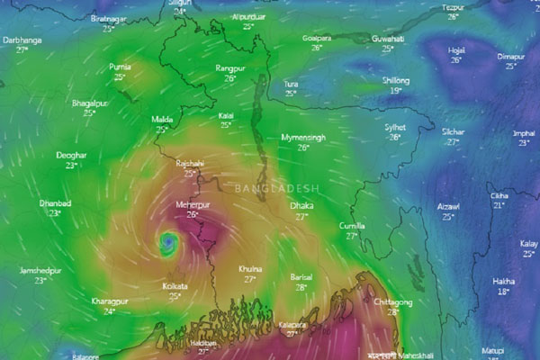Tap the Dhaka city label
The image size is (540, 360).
pos(301,206)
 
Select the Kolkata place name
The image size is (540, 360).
pos(175,285)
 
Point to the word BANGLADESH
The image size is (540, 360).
pos(276,188)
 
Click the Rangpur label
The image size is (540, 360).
pos(230,68)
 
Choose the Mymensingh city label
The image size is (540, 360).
pos(301,137)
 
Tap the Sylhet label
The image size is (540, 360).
pos(394,127)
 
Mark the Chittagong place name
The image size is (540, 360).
pos(392,302)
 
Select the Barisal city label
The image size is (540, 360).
pos(301,278)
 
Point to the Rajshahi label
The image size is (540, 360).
pos(190,164)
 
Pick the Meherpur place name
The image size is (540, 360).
pos(193,205)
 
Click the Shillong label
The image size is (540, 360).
pos(396,80)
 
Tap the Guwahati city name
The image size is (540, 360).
pos(388,39)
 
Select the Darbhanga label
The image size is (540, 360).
pos(22,40)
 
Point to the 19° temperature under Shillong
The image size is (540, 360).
pos(395,90)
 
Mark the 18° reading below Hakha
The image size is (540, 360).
pos(504,292)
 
